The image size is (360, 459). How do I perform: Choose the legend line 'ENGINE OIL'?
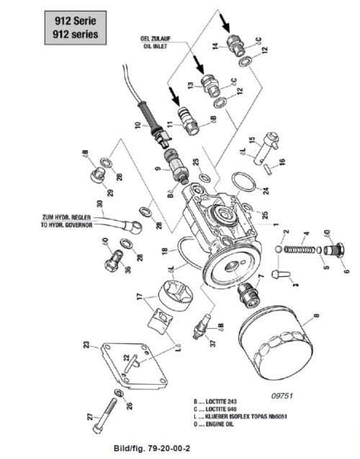click(223, 424)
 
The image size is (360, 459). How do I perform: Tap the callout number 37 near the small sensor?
click(212, 342)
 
